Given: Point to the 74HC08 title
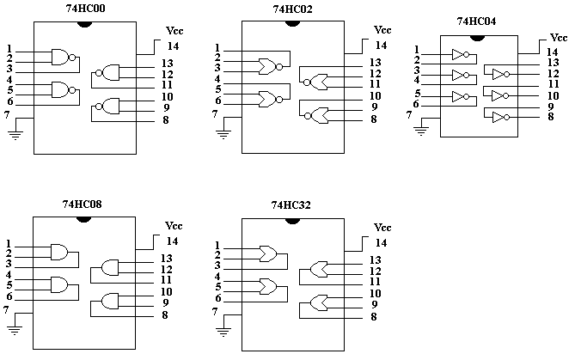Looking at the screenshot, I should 83,205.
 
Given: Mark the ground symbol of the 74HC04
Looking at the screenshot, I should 420,131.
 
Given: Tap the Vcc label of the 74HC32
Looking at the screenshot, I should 381,229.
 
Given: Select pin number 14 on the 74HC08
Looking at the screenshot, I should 172,241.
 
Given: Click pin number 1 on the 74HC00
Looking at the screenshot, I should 9,48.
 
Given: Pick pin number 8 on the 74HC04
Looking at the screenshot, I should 549,116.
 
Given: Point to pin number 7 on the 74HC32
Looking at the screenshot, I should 215,311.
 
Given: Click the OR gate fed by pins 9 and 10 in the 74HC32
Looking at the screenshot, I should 319,302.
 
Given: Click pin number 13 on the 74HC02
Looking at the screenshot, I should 376,63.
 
